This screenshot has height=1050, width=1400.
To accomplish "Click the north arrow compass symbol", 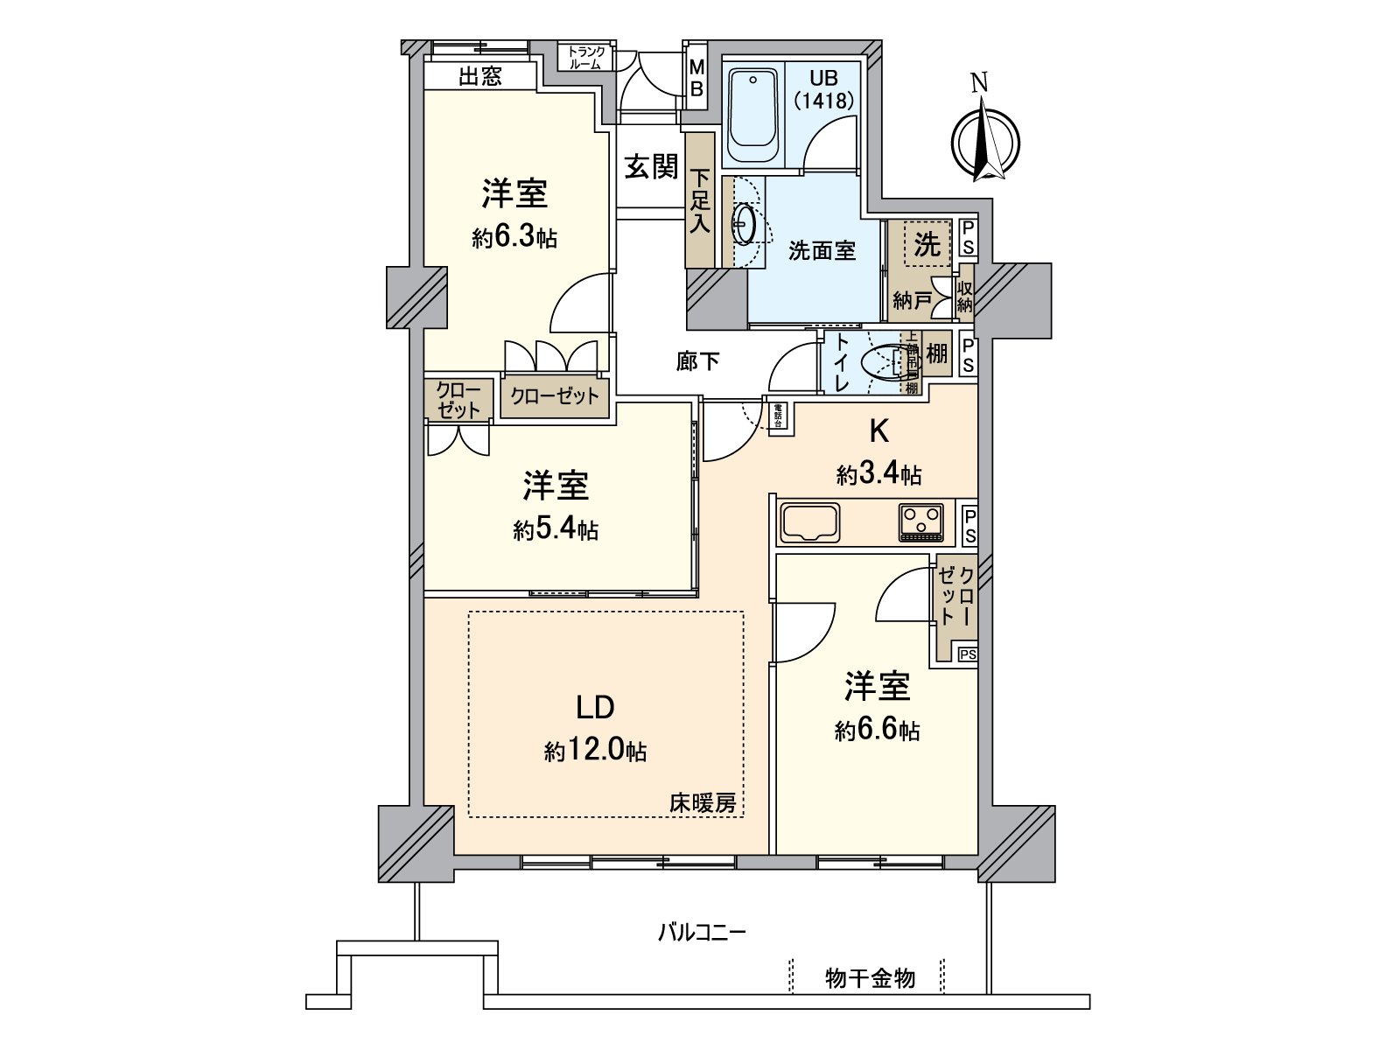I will tap(986, 140).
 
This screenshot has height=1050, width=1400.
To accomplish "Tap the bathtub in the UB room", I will tap(753, 115).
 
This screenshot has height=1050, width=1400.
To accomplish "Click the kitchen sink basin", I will tap(810, 522).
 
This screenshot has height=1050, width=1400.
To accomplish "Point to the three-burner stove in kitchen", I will tap(920, 521).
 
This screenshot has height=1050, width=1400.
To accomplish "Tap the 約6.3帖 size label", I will tap(514, 238).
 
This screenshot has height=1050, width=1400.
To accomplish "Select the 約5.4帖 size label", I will tap(556, 529).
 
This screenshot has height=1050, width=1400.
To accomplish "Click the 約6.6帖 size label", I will tap(878, 730).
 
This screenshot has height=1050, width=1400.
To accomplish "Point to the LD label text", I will tap(595, 707).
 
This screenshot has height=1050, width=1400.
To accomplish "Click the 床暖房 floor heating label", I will tap(703, 802).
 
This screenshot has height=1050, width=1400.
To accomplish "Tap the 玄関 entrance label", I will tap(651, 166).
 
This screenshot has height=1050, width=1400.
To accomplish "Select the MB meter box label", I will tap(696, 78).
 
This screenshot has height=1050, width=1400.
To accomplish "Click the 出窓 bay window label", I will tap(480, 76).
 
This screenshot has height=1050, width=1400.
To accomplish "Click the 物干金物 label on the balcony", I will tap(870, 977).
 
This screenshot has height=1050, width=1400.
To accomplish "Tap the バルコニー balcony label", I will tap(702, 932).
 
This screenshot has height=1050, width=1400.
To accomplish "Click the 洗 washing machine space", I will tap(927, 245).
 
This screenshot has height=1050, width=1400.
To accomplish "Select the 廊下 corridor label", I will tap(697, 360).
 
